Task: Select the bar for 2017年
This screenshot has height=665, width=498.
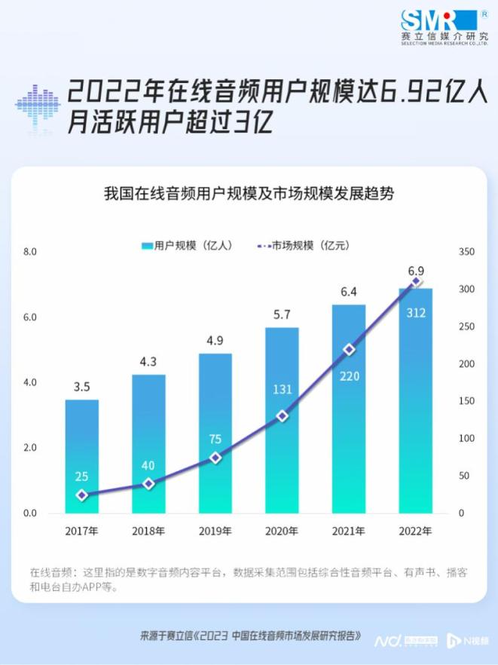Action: point(82,456)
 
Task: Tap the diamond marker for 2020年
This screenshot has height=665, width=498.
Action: point(283,415)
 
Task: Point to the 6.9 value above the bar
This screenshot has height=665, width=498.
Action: point(416,271)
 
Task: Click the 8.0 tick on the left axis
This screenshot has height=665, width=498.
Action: point(30,252)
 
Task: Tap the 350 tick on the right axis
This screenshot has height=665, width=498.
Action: point(466,252)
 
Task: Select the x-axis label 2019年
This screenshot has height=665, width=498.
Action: point(215,531)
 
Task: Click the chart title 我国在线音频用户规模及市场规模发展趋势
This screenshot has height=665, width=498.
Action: point(249,193)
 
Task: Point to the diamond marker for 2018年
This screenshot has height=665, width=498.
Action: point(148,483)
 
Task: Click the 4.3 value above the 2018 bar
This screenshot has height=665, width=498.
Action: point(148,361)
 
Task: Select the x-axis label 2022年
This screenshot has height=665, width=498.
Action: point(415,531)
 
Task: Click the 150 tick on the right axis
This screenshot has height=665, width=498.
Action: point(466,401)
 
